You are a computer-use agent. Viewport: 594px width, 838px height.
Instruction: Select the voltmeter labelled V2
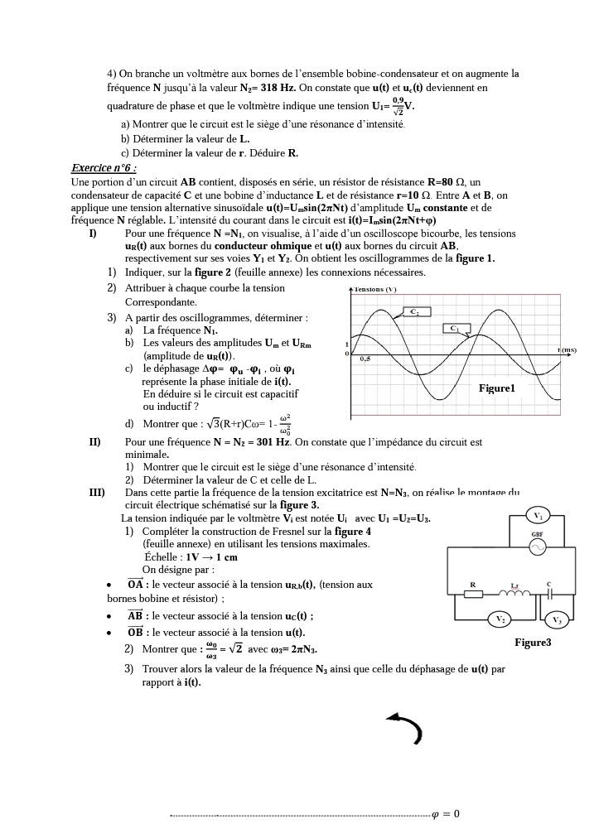point(500,619)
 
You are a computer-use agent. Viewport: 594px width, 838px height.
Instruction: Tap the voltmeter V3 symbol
point(557,619)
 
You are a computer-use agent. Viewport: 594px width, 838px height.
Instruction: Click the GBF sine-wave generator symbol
point(538,547)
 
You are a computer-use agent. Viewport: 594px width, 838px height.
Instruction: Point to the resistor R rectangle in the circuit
point(473,594)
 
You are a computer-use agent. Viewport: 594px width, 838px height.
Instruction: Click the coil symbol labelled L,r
point(514,591)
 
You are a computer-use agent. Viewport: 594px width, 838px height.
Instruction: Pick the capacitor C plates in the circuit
point(548,594)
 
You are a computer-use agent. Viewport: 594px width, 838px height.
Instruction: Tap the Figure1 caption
point(497,388)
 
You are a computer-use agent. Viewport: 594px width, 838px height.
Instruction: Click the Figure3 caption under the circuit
point(533,643)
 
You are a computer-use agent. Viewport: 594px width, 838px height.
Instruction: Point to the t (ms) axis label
point(567,350)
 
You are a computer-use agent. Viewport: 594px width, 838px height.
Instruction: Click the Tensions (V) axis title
point(375,289)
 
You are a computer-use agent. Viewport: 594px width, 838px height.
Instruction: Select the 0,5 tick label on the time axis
point(365,359)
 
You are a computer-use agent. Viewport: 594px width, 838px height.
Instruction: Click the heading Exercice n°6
point(102,168)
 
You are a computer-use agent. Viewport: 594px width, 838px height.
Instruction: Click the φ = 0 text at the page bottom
point(447,814)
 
